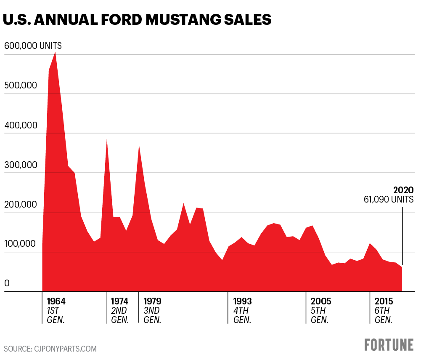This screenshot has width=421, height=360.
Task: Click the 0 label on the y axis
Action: pos(7,283)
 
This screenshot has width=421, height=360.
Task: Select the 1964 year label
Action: pos(56,301)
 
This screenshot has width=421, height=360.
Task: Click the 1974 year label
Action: pos(119,301)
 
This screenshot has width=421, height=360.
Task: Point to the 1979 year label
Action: pos(152,301)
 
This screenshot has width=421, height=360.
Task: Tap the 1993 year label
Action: pos(242,301)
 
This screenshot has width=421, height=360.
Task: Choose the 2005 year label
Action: pos(321,301)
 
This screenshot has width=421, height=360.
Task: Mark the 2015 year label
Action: pos(384,301)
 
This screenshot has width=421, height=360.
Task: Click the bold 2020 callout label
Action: pos(403,190)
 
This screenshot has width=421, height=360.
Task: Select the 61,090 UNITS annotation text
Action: pos(389,200)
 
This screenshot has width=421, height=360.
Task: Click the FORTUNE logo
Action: pos(389,344)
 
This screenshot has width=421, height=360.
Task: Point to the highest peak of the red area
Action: pos(56,52)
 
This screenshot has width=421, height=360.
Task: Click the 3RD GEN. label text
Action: pos(152,315)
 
